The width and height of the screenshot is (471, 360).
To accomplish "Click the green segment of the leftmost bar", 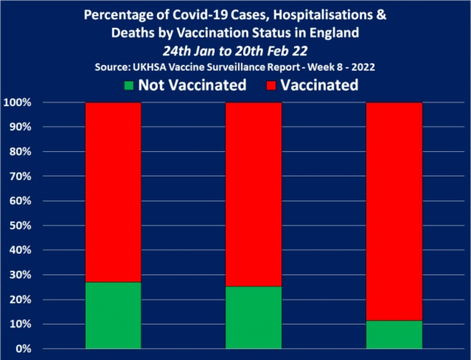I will (x=113, y=315).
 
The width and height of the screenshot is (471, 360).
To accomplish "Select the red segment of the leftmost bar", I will (x=113, y=192).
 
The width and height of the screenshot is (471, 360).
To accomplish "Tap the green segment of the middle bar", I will (x=253, y=318).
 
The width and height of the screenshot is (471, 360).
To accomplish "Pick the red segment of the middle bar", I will (x=253, y=194).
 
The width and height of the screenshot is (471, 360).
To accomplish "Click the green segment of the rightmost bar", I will (x=394, y=335).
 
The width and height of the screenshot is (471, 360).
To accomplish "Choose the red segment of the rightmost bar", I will (x=394, y=211).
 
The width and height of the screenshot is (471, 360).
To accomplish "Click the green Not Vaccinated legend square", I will (x=129, y=86).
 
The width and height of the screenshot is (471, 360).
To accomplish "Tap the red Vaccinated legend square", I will (x=271, y=86).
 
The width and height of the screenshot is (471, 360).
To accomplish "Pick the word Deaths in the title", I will (x=133, y=33).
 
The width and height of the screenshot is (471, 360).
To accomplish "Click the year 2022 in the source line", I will (x=363, y=67).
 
